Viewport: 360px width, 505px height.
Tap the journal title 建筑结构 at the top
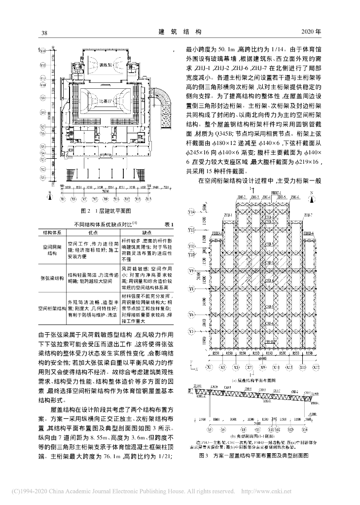click(180, 32)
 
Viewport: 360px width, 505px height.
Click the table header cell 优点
click(92, 232)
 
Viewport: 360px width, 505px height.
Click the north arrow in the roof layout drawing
click(313, 200)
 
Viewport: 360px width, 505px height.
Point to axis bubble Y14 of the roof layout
click(192, 213)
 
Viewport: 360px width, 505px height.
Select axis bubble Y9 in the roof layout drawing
click(192, 271)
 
